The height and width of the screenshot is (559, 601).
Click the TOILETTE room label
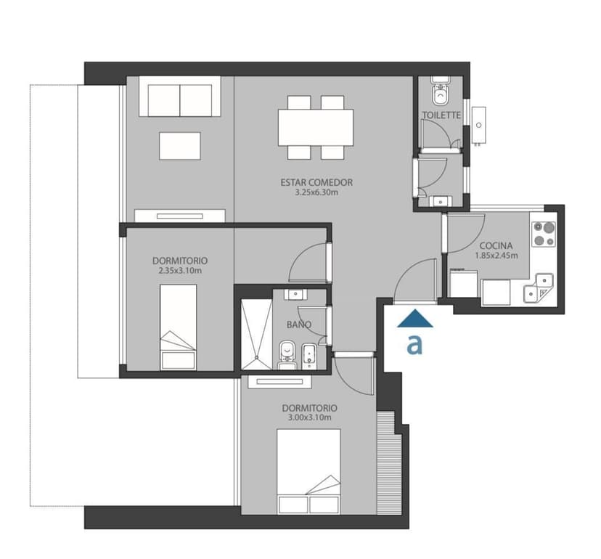[441, 115]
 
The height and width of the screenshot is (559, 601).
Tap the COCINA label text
[496, 246]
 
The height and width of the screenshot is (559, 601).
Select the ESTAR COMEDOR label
[316, 182]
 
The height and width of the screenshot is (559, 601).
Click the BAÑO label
[299, 325]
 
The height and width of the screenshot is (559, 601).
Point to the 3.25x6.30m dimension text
[316, 192]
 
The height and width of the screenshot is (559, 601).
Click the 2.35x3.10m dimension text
[180, 271]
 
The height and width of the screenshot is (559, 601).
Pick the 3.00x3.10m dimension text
[310, 417]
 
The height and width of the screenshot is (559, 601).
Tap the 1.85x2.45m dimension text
[496, 256]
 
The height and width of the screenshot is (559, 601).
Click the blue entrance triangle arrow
[415, 319]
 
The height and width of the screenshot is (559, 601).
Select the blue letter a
[414, 344]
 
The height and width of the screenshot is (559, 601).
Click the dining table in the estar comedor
[316, 127]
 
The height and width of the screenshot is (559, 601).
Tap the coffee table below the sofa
[180, 146]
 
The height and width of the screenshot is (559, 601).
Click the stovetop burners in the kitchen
[544, 234]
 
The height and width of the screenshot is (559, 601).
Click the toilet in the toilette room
[441, 94]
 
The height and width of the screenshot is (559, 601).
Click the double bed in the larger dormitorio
[308, 471]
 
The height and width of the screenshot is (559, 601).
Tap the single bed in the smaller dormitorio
[179, 327]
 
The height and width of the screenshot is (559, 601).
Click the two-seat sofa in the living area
[180, 97]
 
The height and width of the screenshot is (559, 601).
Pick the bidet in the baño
[309, 356]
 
